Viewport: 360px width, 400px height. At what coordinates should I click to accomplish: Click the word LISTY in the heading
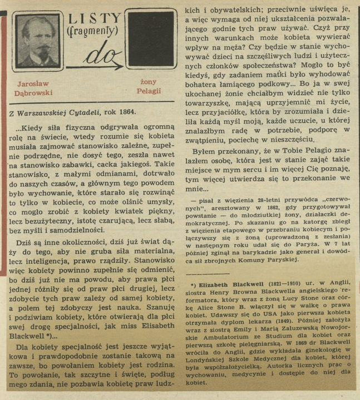(x=93, y=19)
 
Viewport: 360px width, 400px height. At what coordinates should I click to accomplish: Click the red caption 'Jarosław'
(x=33, y=83)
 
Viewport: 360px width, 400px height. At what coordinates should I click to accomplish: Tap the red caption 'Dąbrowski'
(x=33, y=93)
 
